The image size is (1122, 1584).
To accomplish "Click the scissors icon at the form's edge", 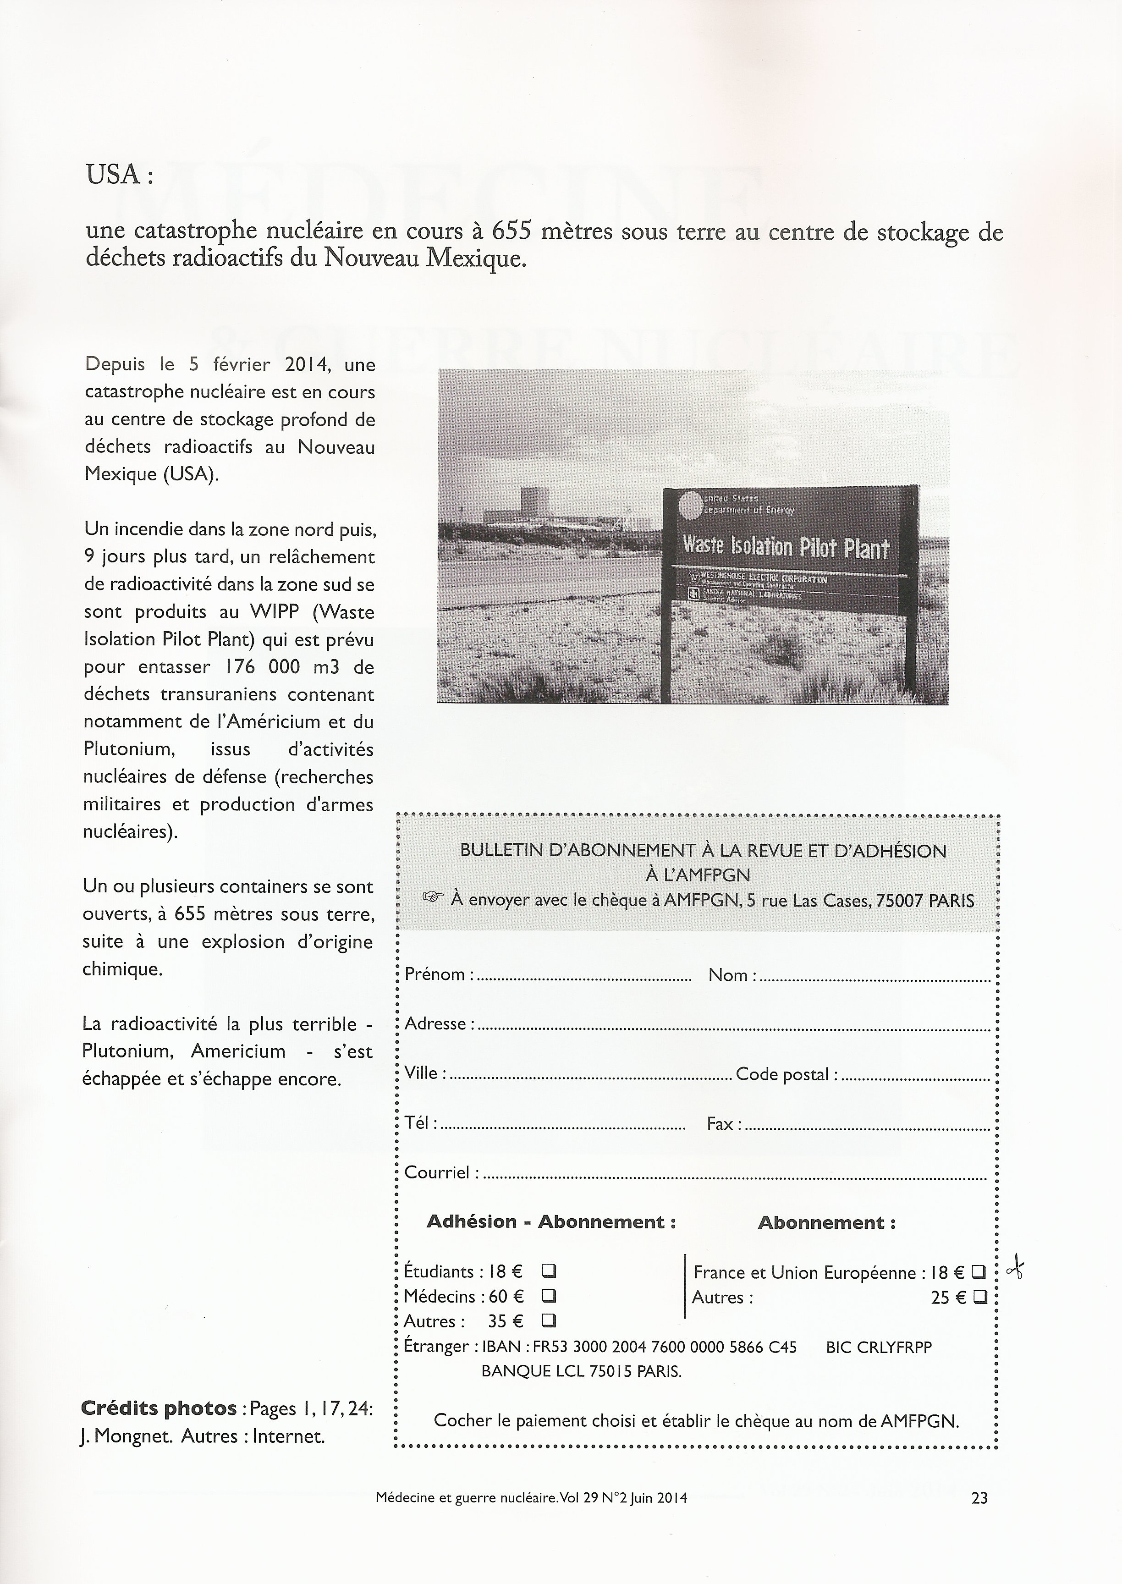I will pyautogui.click(x=1016, y=1270).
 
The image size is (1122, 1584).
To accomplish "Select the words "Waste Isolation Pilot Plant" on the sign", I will pyautogui.click(x=786, y=547).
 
